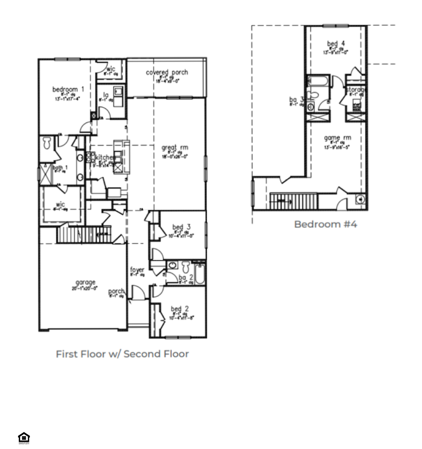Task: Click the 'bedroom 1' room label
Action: (68, 89)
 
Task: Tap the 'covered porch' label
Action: (167, 72)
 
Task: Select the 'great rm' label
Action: (175, 148)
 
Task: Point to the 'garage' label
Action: (85, 282)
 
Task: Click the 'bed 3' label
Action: (181, 227)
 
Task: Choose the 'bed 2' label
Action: (180, 309)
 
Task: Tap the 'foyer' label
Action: (137, 270)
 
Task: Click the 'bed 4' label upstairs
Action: (336, 43)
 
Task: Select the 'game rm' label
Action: (338, 138)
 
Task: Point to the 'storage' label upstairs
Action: (356, 89)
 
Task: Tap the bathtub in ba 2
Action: (200, 273)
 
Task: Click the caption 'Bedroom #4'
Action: (326, 224)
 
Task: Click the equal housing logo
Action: (24, 438)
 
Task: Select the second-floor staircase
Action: (294, 201)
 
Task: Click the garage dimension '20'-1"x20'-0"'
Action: (85, 288)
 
